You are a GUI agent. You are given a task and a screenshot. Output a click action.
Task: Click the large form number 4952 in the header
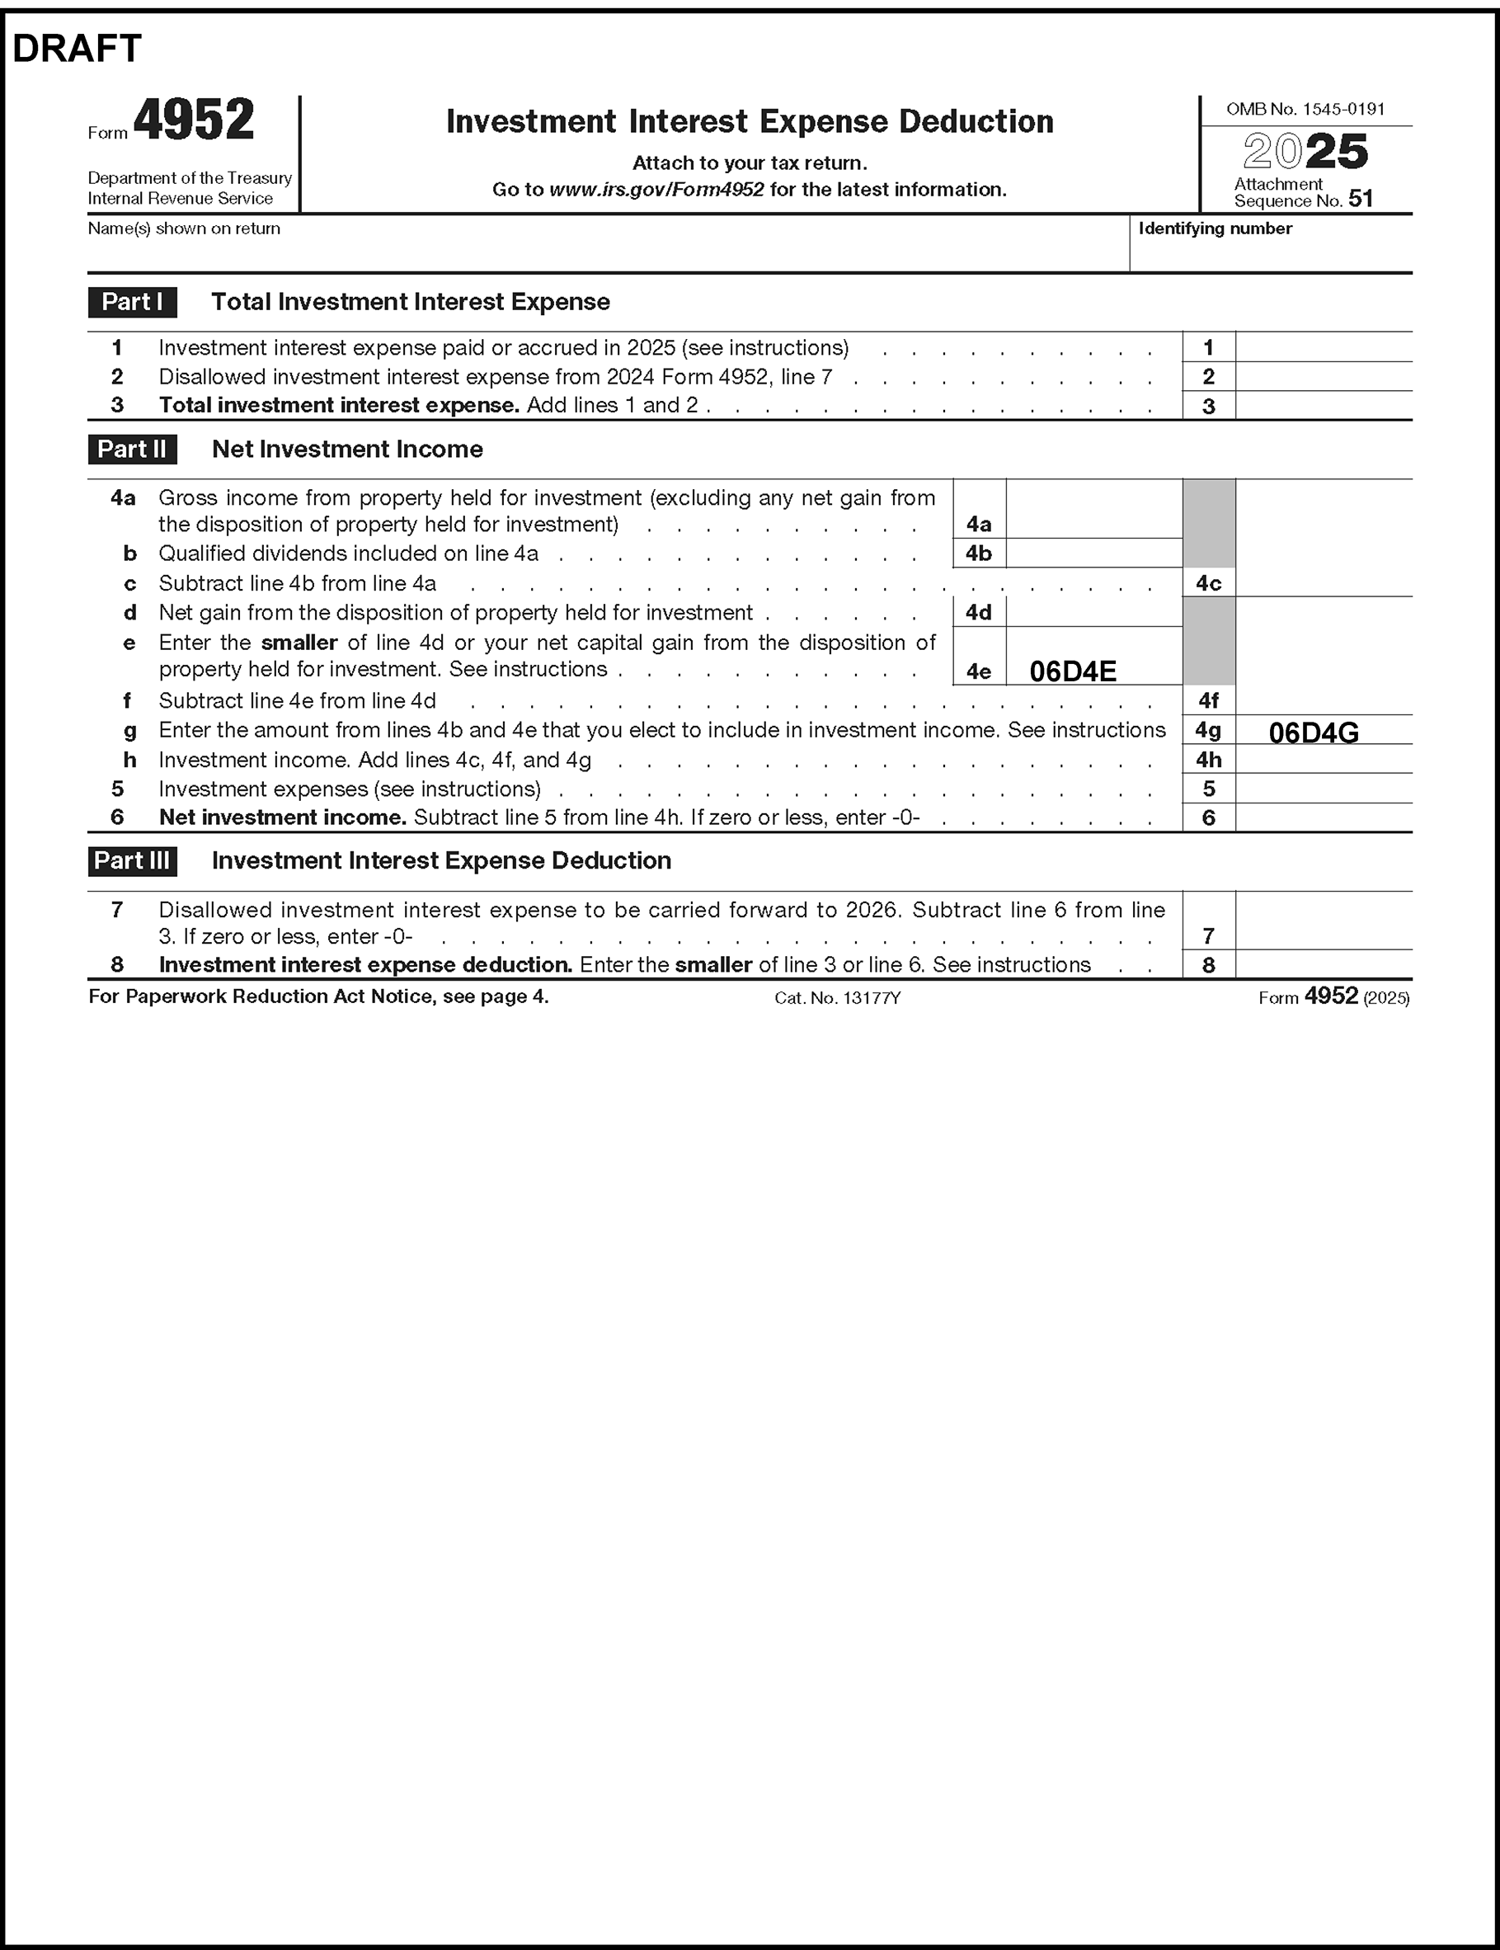[194, 120]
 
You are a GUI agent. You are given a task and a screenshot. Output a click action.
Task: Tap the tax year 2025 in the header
[1305, 152]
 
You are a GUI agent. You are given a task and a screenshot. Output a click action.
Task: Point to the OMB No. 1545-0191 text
[1305, 109]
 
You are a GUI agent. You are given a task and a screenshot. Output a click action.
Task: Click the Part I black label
[132, 302]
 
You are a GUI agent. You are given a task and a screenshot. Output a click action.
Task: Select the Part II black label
[132, 449]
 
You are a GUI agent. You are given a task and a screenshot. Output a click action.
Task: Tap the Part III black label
[132, 860]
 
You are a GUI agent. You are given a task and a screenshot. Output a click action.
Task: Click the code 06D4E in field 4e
[1072, 671]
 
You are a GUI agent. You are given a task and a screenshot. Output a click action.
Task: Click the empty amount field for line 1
[1324, 347]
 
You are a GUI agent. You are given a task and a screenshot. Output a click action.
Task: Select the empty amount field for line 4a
[1093, 510]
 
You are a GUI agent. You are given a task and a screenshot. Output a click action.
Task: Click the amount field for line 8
[1324, 965]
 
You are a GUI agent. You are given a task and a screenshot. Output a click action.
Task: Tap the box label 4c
[1208, 583]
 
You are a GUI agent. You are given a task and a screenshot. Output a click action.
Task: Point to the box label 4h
[1208, 760]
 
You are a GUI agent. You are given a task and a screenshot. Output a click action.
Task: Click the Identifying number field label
[1215, 228]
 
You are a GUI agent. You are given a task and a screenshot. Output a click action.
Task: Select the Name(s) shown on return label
[184, 228]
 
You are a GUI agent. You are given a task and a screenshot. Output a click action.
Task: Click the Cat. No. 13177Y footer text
[837, 998]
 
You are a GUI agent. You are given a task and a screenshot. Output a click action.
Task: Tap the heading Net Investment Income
[347, 449]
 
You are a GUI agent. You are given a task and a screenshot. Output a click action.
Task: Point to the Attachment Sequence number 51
[1360, 198]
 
